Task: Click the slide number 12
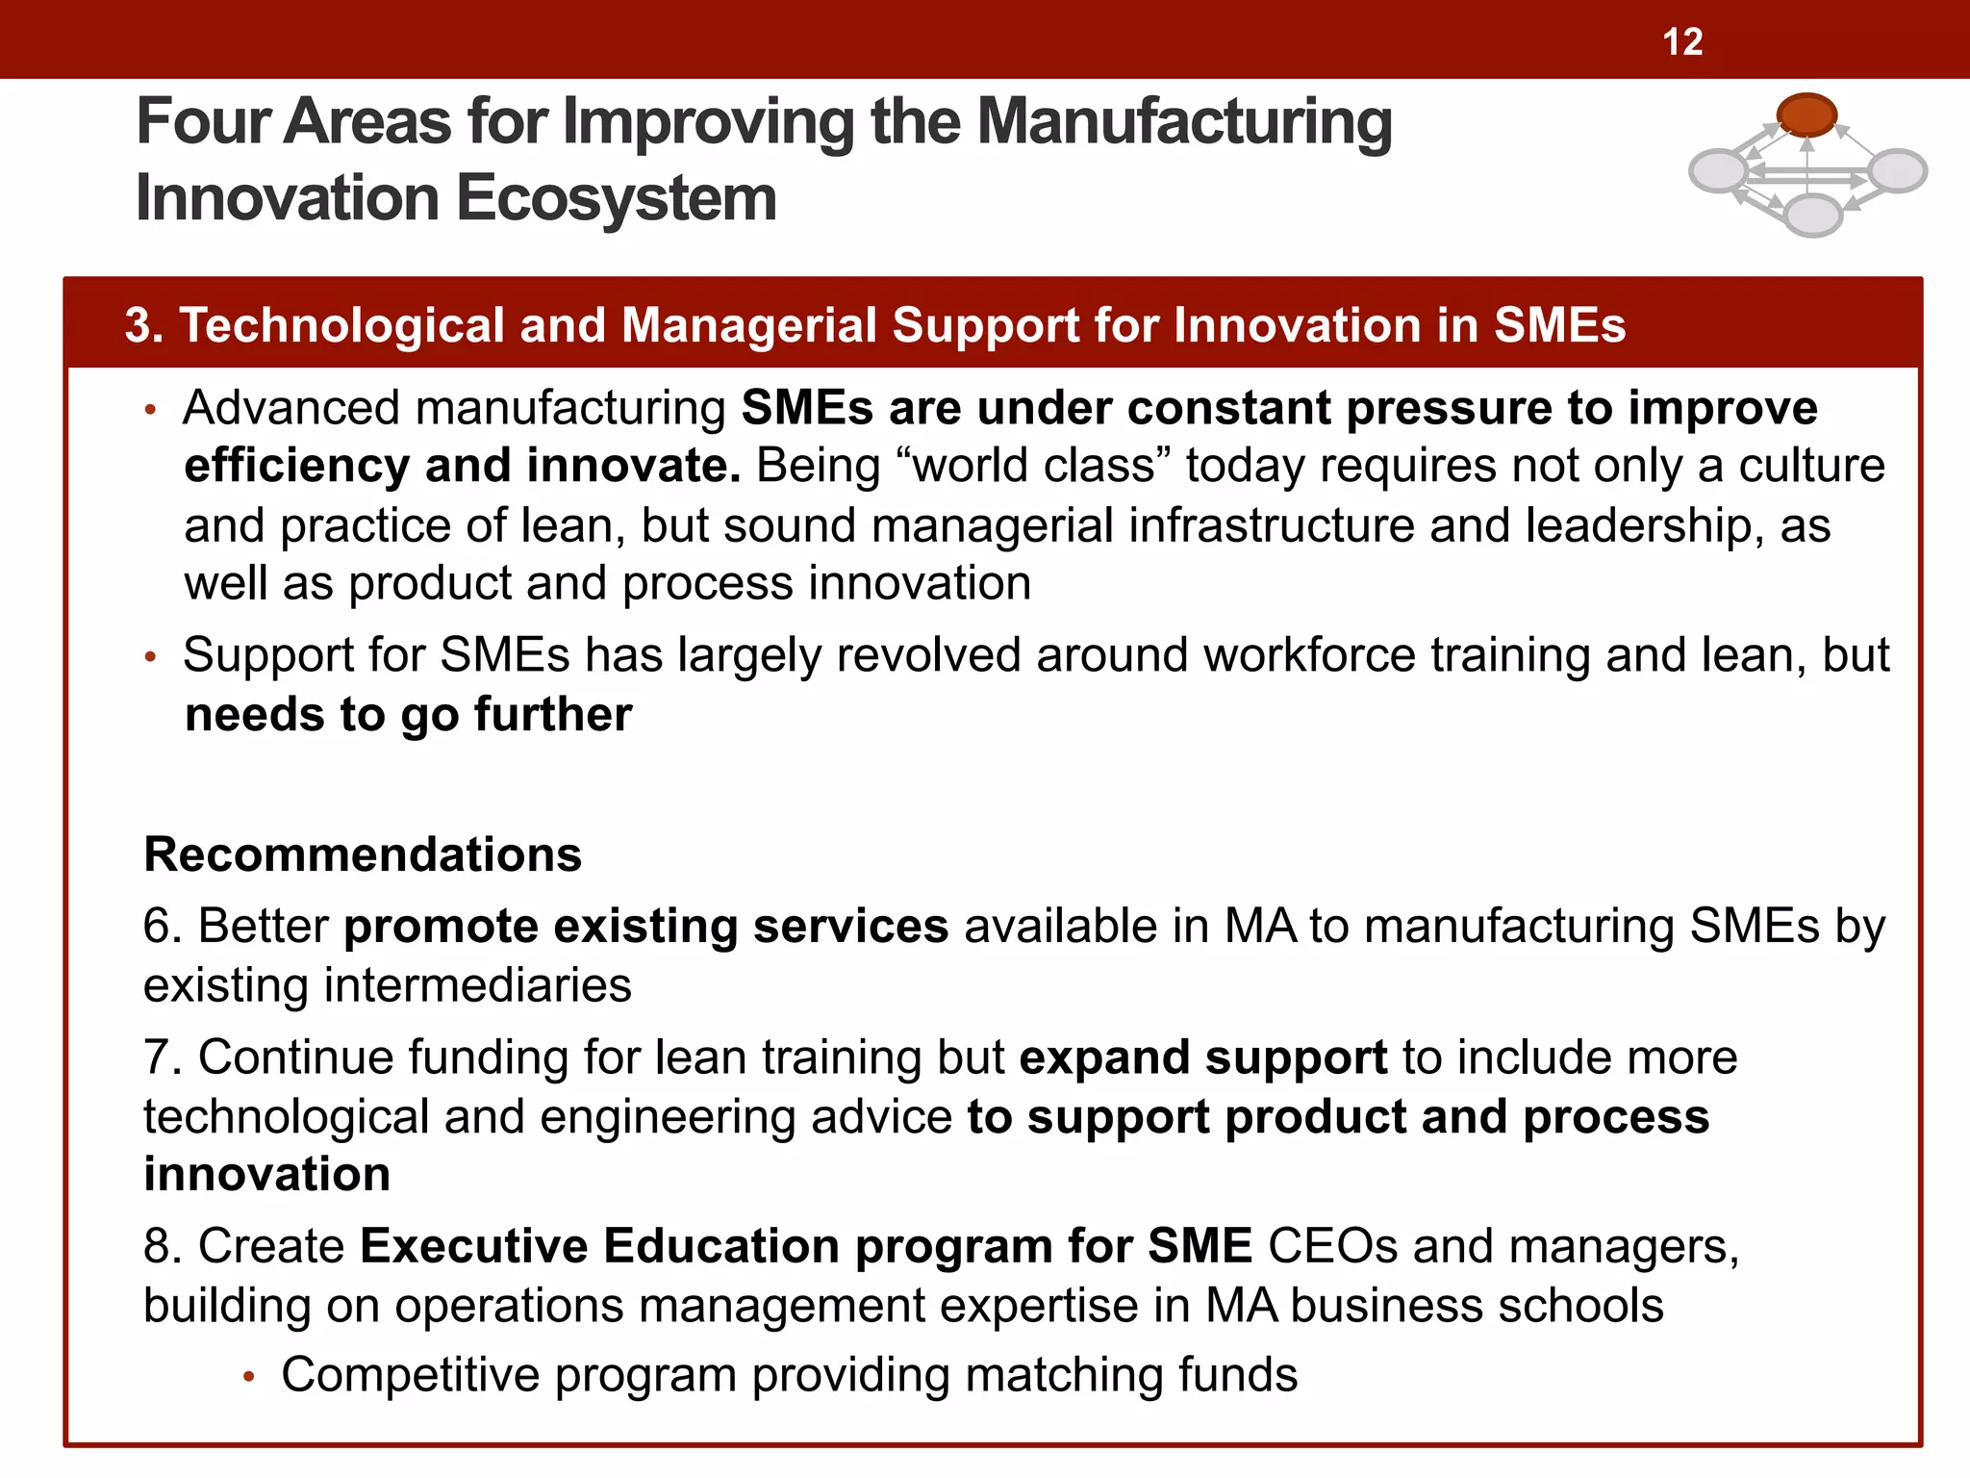pyautogui.click(x=1682, y=42)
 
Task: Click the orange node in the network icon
pyautogui.click(x=1806, y=114)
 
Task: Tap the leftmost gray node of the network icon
pyautogui.click(x=1719, y=172)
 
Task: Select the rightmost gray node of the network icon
pyautogui.click(x=1897, y=170)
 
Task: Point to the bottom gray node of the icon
pyautogui.click(x=1812, y=215)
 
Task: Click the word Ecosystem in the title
pyautogui.click(x=616, y=198)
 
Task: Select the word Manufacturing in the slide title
pyautogui.click(x=1184, y=122)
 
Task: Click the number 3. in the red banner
pyautogui.click(x=144, y=325)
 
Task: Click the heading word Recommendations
pyautogui.click(x=363, y=854)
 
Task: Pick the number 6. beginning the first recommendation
pyautogui.click(x=163, y=926)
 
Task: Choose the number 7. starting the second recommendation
pyautogui.click(x=163, y=1058)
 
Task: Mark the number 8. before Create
pyautogui.click(x=163, y=1246)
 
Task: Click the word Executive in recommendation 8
pyautogui.click(x=473, y=1246)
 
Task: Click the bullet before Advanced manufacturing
pyautogui.click(x=149, y=411)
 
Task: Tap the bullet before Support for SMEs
pyautogui.click(x=149, y=658)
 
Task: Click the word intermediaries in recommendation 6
pyautogui.click(x=477, y=986)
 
